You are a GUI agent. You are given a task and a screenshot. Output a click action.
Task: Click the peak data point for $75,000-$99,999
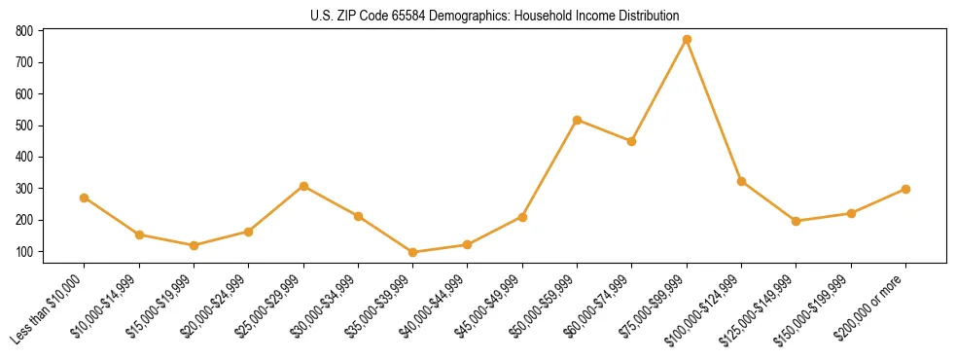tap(687, 40)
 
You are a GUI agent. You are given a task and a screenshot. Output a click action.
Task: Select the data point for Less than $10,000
tap(85, 198)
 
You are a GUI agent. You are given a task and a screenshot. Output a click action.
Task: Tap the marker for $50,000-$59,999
tap(578, 120)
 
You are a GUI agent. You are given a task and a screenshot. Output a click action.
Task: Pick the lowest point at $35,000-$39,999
tap(413, 252)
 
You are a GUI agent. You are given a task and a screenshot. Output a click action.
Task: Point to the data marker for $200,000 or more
tap(906, 189)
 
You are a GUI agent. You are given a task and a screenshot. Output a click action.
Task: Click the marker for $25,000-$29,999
tap(303, 186)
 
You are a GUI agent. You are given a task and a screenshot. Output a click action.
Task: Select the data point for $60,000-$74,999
tap(632, 141)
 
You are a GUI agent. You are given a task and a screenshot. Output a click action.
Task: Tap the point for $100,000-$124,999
tap(742, 181)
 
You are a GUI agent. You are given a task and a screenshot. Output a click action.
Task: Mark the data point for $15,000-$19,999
tap(195, 245)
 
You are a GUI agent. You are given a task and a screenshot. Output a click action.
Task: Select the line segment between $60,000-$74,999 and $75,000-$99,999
tap(659, 90)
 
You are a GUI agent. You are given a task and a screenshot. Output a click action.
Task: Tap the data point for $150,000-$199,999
tap(851, 213)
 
